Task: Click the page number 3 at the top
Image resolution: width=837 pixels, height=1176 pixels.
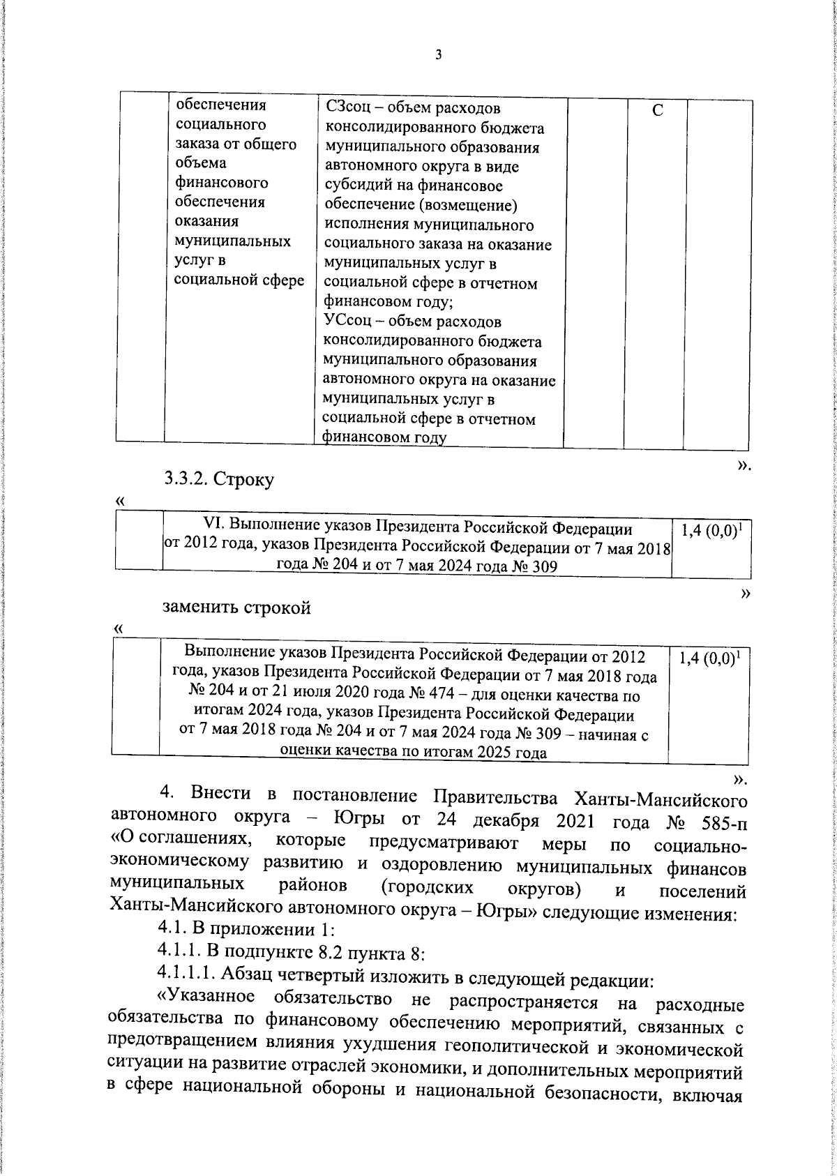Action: (x=438, y=55)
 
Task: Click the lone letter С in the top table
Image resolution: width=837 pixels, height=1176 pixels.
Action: (x=657, y=112)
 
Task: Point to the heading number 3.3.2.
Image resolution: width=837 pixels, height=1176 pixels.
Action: (x=186, y=479)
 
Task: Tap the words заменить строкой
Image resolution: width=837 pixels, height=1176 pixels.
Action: (x=237, y=608)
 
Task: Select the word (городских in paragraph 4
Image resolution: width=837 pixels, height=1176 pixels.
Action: (x=428, y=889)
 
